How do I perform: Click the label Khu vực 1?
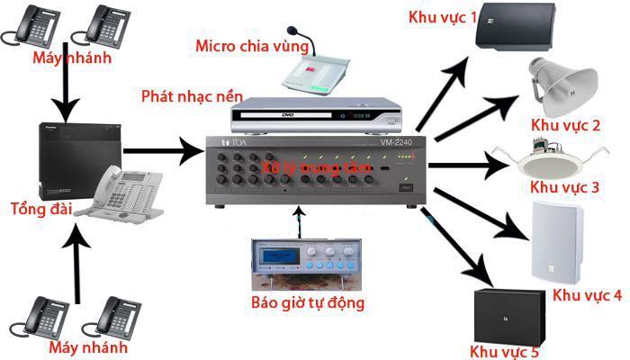[443, 17]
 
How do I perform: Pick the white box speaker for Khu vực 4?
[557, 240]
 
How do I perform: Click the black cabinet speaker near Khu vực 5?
[508, 314]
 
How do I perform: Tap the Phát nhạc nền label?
[184, 94]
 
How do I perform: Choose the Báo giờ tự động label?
[308, 302]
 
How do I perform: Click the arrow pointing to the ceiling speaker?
[468, 165]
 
